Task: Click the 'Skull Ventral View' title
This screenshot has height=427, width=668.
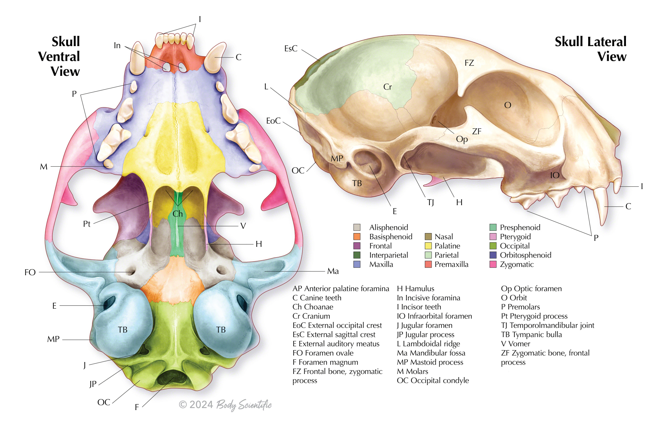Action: click(59, 56)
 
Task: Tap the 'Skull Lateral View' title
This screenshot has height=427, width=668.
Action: click(591, 49)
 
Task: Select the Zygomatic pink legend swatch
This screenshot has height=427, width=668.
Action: click(493, 264)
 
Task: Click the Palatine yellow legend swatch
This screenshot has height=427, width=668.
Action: click(428, 246)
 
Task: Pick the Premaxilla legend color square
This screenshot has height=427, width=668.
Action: click(428, 264)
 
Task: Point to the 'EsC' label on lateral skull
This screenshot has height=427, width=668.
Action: click(291, 48)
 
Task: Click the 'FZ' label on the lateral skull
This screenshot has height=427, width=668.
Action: click(469, 63)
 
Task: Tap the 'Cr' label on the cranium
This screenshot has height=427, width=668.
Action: click(387, 87)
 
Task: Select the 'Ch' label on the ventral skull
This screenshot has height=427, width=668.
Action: click(178, 213)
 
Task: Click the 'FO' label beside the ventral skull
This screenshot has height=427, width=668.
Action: click(30, 272)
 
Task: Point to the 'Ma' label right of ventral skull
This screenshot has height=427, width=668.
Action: click(333, 271)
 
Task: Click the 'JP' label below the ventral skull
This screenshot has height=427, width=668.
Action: click(93, 384)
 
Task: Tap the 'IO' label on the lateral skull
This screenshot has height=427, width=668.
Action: click(555, 175)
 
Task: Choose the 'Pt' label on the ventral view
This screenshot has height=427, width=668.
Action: click(87, 224)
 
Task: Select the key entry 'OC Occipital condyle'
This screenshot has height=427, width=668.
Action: click(433, 381)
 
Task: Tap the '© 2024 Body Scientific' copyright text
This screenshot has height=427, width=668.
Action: click(225, 405)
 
